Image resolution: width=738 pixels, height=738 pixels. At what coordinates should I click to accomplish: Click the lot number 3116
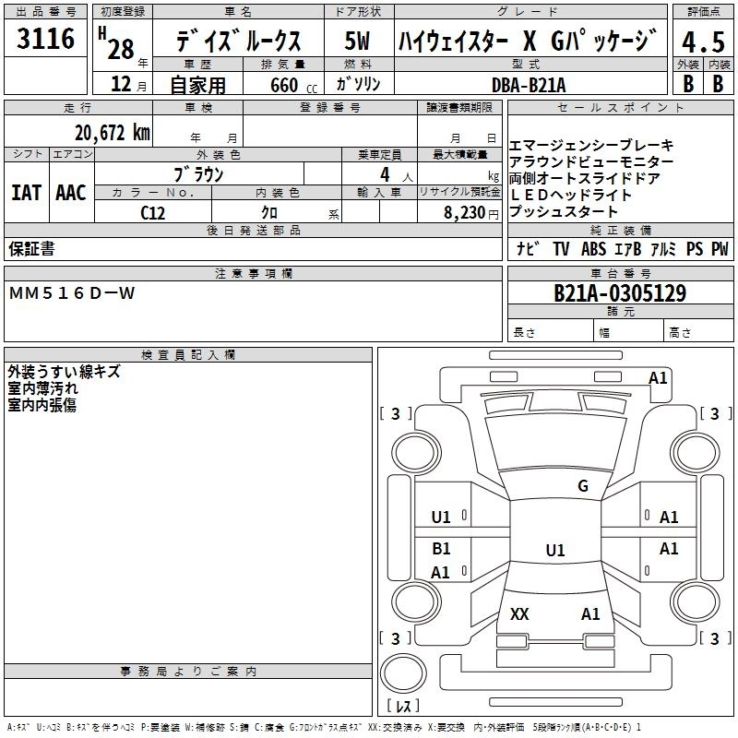pyautogui.click(x=45, y=38)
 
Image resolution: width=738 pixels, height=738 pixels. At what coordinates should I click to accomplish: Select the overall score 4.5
pyautogui.click(x=703, y=42)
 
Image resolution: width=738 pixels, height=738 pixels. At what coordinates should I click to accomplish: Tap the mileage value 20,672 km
pyautogui.click(x=113, y=133)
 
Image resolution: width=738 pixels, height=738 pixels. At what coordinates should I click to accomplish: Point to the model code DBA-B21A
pyautogui.click(x=529, y=85)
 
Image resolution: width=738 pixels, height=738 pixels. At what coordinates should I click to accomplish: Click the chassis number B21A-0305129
pyautogui.click(x=620, y=293)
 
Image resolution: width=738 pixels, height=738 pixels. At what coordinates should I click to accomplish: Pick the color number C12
pyautogui.click(x=152, y=213)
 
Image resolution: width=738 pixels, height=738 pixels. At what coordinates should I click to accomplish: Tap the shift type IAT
pyautogui.click(x=27, y=193)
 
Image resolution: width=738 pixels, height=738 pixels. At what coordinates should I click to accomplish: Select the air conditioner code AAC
pyautogui.click(x=71, y=193)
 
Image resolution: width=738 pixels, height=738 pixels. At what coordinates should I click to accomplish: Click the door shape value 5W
pyautogui.click(x=357, y=41)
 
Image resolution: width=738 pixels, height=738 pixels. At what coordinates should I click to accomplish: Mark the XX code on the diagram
pyautogui.click(x=519, y=613)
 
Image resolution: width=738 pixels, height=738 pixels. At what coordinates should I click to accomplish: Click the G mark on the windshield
pyautogui.click(x=583, y=485)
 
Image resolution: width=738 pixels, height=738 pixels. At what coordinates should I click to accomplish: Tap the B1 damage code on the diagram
pyautogui.click(x=441, y=548)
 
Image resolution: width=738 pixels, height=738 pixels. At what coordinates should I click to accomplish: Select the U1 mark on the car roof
pyautogui.click(x=555, y=550)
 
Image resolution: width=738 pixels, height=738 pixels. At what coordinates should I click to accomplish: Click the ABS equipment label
pyautogui.click(x=593, y=248)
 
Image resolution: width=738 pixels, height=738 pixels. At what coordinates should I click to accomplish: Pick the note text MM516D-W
pyautogui.click(x=72, y=293)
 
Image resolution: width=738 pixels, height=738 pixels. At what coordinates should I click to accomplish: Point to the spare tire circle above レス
pyautogui.click(x=403, y=673)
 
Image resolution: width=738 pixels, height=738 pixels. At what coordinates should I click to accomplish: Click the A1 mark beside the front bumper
pyautogui.click(x=658, y=378)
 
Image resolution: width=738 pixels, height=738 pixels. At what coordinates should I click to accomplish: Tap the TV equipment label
pyautogui.click(x=561, y=248)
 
